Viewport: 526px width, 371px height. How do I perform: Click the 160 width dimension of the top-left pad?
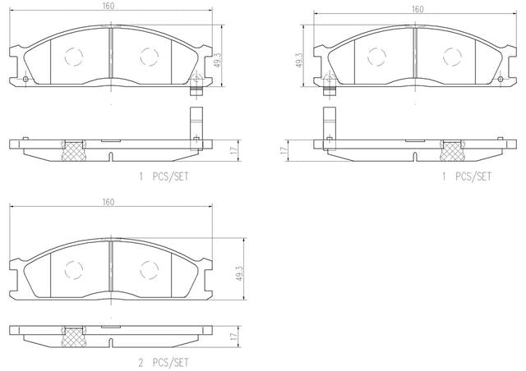(x=108, y=6)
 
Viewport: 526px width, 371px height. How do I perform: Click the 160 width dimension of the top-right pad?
(x=418, y=9)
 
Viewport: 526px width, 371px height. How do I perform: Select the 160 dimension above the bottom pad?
(x=108, y=202)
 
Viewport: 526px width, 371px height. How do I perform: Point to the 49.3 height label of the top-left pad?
(x=217, y=60)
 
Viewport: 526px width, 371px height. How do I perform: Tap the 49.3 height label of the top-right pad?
(x=299, y=60)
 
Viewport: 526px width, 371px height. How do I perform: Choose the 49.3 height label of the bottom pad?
(x=239, y=273)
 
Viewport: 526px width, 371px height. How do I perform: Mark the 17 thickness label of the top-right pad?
(x=284, y=150)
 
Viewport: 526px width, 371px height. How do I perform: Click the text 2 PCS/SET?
(x=164, y=362)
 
